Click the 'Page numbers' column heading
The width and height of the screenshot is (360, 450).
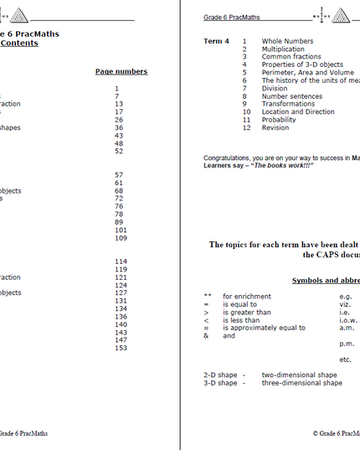[x=121, y=72]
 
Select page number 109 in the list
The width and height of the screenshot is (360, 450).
[x=121, y=238]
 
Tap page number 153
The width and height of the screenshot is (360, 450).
[x=121, y=348]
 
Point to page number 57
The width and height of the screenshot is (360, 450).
[x=119, y=175]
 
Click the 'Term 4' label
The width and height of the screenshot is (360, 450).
[x=216, y=41]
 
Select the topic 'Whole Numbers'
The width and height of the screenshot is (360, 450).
[x=287, y=41]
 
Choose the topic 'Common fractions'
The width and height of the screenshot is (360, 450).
[x=291, y=57]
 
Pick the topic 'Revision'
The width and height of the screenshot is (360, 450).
[x=275, y=127]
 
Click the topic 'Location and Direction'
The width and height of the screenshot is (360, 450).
[x=298, y=111]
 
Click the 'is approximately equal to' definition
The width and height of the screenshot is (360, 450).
[x=264, y=328]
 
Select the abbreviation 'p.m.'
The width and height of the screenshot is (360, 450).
[x=347, y=344]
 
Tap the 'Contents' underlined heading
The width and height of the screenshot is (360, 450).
[x=18, y=44]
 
